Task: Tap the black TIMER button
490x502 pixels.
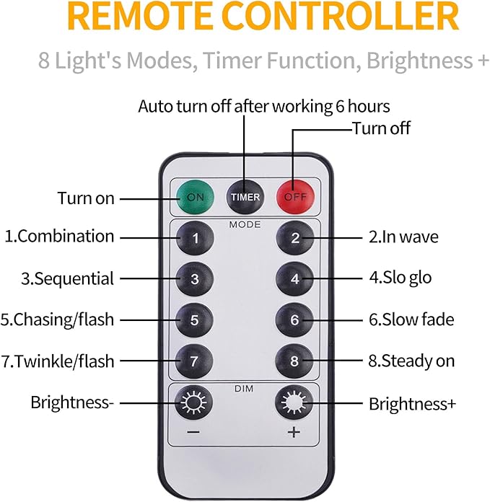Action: pos(245,196)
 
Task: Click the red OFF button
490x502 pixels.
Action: pos(294,196)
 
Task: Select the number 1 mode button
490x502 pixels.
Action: pos(195,238)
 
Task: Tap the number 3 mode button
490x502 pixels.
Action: pos(195,279)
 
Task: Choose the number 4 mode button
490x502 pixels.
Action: pos(294,279)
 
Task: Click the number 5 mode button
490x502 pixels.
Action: pos(195,320)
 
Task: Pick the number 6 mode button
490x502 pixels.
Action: pos(294,320)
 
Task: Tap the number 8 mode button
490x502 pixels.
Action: pos(294,360)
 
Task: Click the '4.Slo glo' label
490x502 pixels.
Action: pos(401,278)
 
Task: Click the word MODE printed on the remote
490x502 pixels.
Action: pos(245,225)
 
